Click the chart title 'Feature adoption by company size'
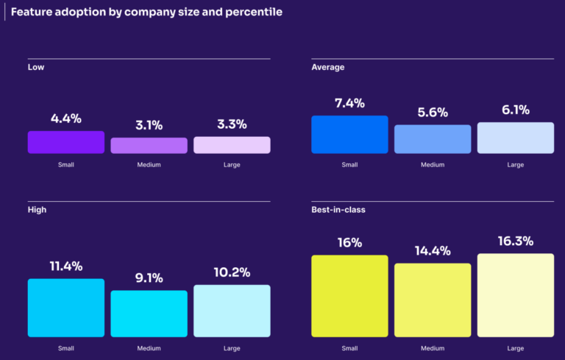coord(146,13)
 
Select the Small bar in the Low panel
coord(66,142)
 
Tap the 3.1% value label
coord(149,125)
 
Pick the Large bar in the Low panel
coord(232,145)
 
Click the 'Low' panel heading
coord(35,68)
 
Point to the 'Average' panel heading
coord(328,68)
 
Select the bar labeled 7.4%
coord(349,134)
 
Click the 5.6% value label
coord(433,113)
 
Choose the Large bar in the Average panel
coord(515,138)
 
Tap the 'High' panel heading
coord(37,210)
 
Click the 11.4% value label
coord(66,267)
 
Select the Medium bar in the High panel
coord(149,314)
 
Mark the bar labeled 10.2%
coord(232,311)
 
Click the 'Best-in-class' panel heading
coord(338,210)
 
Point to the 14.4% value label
coord(433,250)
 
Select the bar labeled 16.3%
coord(515,295)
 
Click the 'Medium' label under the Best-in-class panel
coord(433,348)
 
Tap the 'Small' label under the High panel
coord(66,348)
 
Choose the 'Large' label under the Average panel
coord(515,165)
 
